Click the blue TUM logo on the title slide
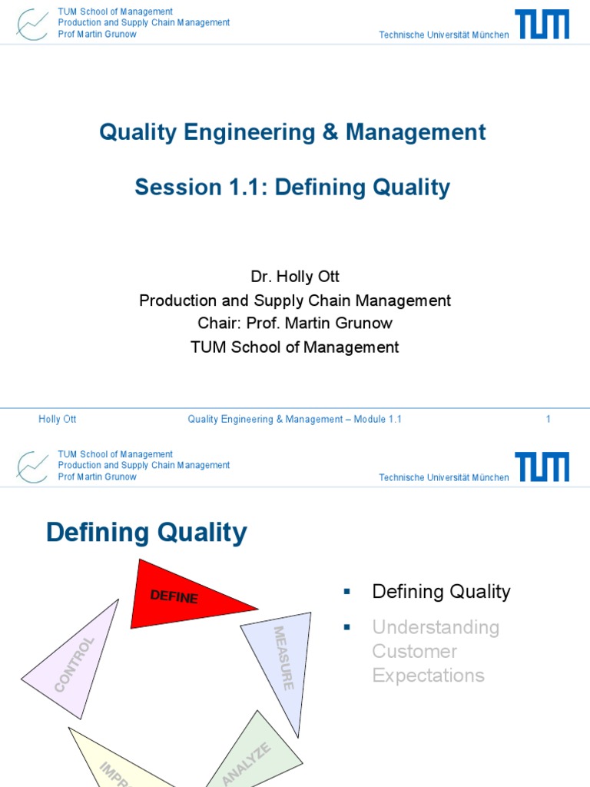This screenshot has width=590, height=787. pos(542,24)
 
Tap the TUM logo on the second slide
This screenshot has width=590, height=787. pos(542,467)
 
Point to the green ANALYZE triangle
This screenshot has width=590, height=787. pos(257,753)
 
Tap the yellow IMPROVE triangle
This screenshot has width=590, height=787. pos(115,761)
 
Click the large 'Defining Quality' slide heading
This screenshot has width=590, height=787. pos(147,532)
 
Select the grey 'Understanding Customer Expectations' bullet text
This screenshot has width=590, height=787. pos(435,651)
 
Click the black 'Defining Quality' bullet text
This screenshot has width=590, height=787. pos(441,591)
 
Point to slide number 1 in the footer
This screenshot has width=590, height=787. pos(548,419)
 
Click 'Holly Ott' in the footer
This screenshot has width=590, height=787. pos(58,419)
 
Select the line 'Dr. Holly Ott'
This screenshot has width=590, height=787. pos(294,277)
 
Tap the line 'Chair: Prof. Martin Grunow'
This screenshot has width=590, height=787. pos(294,324)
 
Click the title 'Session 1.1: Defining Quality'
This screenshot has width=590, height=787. pos(292,187)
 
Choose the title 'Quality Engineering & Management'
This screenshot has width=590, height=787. pos(292,132)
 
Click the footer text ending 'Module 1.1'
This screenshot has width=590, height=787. pos(294,419)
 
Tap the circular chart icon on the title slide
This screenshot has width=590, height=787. pos(32,24)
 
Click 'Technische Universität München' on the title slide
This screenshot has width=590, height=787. pos(443,35)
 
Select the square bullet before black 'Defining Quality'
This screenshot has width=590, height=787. pos(346,591)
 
